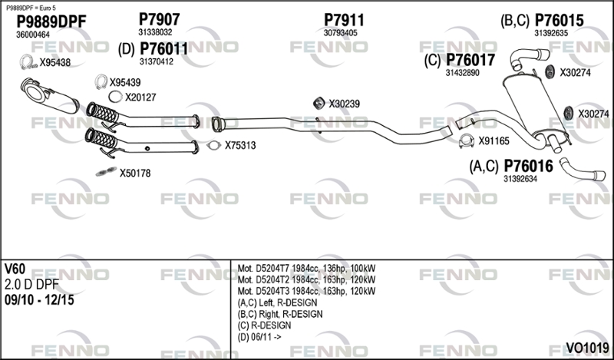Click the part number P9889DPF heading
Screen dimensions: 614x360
tap(51, 21)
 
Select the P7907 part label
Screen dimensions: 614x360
tap(159, 19)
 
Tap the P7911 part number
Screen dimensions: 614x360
tap(344, 20)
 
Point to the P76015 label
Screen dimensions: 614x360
tap(559, 21)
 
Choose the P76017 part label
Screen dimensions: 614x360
tap(470, 60)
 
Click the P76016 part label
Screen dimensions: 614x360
tap(528, 166)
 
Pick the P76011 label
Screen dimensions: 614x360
tap(163, 49)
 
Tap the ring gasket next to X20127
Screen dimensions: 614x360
tap(114, 97)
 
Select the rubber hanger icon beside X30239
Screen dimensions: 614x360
tap(319, 103)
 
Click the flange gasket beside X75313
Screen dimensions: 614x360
tap(214, 145)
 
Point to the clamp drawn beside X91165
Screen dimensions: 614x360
tap(467, 141)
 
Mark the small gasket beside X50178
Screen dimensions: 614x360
tap(106, 171)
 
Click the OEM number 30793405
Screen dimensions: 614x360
tap(340, 33)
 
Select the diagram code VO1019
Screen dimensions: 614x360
tap(587, 348)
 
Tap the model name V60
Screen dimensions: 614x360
tap(15, 269)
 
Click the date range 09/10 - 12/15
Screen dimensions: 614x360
tap(39, 300)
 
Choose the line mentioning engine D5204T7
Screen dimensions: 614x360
tap(306, 269)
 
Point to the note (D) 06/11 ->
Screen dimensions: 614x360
tap(259, 337)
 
